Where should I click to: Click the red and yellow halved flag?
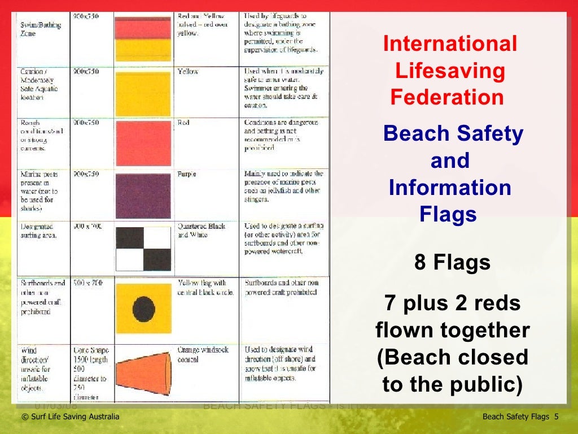[143, 38]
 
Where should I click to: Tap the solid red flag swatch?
[143, 143]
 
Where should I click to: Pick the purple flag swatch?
[143, 196]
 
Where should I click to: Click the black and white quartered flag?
[143, 249]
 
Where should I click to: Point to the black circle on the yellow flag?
[143, 309]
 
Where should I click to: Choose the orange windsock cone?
[143, 370]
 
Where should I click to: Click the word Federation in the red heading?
[447, 97]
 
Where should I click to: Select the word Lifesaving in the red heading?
[450, 71]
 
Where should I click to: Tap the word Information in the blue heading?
[450, 188]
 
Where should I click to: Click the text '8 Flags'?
[452, 263]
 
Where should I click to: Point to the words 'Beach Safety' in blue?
[453, 134]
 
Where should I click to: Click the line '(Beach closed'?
[453, 357]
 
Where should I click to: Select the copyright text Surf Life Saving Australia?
[70, 417]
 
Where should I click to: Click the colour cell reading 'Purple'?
[187, 174]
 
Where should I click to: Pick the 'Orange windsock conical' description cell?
[203, 354]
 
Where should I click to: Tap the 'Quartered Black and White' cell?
[202, 230]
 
